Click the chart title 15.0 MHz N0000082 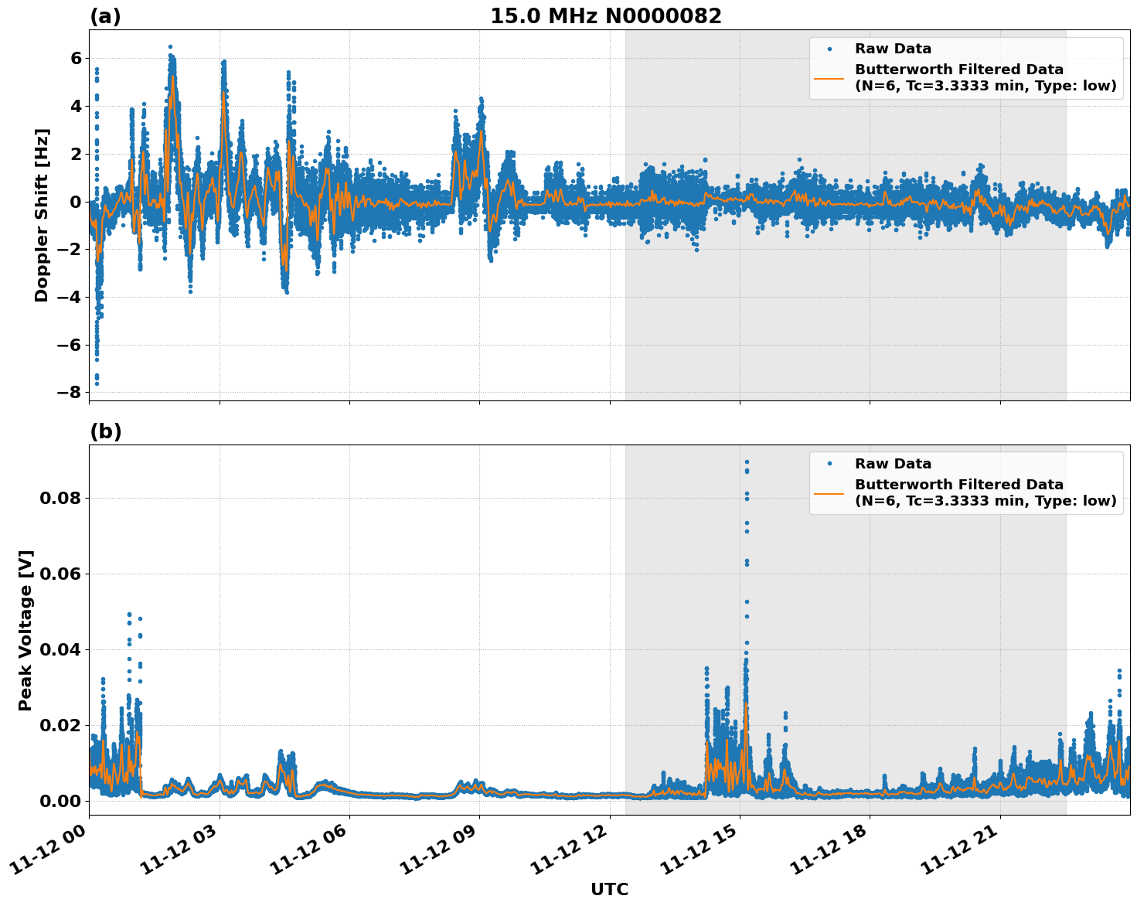point(605,16)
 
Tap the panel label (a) point(105,16)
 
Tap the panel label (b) point(105,431)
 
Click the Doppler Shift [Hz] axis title point(42,215)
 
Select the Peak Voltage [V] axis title point(26,630)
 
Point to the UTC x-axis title point(609,889)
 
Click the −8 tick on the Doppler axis point(70,392)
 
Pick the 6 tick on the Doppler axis point(76,58)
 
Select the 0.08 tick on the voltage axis point(60,498)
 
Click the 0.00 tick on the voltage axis point(60,801)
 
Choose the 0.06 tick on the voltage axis point(60,574)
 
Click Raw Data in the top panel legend point(893,49)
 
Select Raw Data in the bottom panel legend point(893,464)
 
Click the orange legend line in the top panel point(829,78)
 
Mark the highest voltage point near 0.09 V point(747,462)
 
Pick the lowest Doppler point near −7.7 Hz point(97,383)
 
